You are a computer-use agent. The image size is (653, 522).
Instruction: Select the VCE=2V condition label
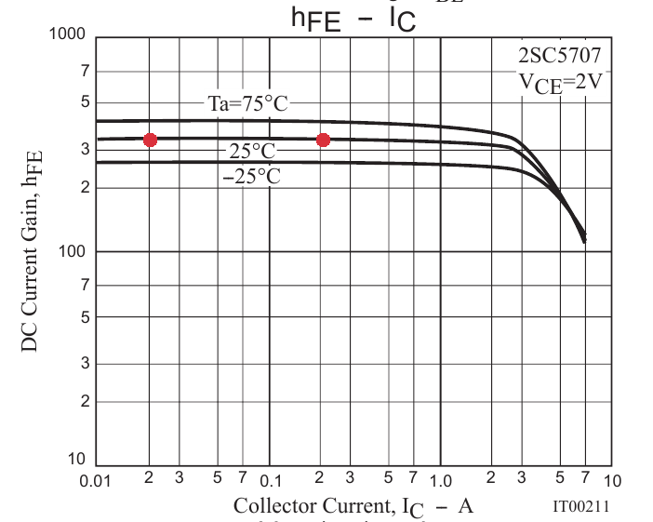(562, 82)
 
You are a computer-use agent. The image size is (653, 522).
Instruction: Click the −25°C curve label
(251, 176)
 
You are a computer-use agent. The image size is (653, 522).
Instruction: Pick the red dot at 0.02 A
(150, 140)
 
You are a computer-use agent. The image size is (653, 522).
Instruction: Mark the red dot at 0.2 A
(323, 140)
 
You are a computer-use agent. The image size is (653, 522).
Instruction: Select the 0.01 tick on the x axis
(98, 481)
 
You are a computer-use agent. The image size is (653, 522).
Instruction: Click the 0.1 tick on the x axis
(270, 481)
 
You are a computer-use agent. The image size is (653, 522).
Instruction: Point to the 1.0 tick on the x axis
(441, 481)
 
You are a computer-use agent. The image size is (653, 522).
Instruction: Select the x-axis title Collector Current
(353, 506)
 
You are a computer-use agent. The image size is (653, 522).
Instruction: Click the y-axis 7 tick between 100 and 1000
(84, 71)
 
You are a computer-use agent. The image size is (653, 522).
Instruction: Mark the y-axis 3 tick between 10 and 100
(84, 364)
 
